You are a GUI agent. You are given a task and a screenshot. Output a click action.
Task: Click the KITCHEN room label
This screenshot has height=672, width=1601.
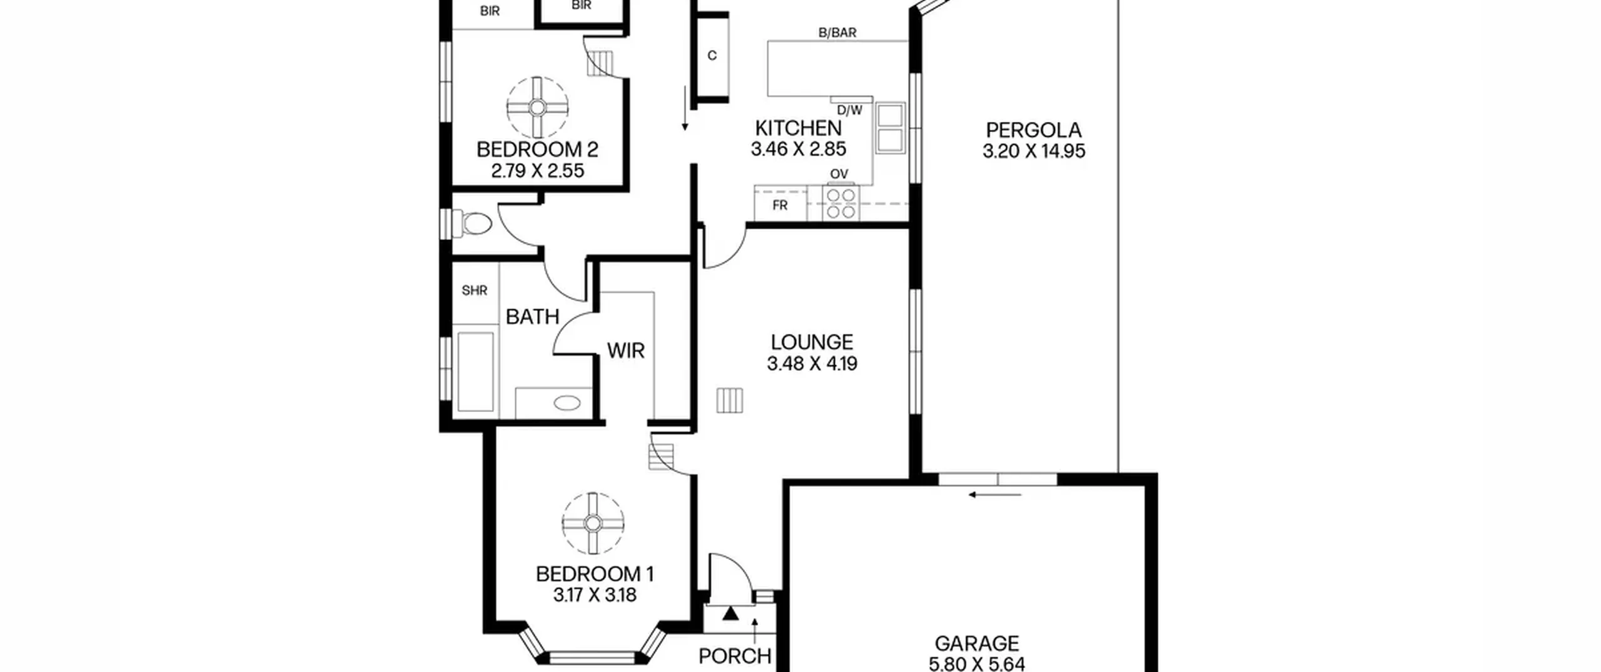pos(798,128)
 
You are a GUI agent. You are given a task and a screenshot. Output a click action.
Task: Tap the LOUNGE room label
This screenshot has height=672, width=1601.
pos(812,342)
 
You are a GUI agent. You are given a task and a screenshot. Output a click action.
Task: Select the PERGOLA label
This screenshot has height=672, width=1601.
pos(1033,130)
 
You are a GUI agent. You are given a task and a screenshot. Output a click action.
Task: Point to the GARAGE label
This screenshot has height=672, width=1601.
pos(976,643)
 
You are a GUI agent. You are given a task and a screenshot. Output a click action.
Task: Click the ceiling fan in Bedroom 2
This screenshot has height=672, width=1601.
pos(537,108)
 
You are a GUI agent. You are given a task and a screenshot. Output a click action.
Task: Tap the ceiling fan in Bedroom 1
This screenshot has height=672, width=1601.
pos(593,523)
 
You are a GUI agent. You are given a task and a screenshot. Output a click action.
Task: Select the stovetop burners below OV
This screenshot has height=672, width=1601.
pos(841,203)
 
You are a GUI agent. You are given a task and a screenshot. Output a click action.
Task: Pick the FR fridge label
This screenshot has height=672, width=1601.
pos(780,205)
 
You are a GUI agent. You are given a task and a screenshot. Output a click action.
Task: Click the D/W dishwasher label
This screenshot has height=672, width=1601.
pos(849,110)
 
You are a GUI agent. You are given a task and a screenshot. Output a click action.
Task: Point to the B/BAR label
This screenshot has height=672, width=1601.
pos(837,33)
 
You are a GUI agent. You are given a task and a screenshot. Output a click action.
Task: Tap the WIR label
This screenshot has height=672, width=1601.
pos(625,351)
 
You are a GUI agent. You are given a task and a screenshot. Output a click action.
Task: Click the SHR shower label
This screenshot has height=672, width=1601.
pos(474,290)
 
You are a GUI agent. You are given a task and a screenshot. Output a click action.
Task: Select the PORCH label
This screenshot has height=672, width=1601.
pos(735,656)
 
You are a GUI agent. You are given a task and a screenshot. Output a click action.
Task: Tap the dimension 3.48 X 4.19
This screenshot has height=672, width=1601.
pos(812,363)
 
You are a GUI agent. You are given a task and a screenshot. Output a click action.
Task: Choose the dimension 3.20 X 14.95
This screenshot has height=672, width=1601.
pos(1033,151)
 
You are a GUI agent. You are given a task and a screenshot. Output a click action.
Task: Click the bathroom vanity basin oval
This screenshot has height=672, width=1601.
pos(567,403)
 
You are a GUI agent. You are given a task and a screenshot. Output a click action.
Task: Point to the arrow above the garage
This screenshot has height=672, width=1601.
pos(995,495)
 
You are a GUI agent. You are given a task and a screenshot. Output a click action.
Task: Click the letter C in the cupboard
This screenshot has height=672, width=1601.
pos(712,56)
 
